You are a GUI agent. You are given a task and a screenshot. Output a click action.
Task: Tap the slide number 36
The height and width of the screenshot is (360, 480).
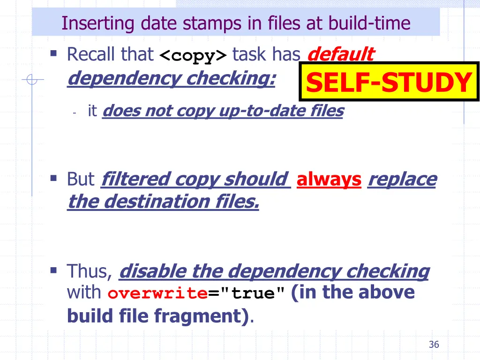click(x=434, y=345)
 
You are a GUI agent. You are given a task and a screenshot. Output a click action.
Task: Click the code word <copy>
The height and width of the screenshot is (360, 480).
click(x=193, y=56)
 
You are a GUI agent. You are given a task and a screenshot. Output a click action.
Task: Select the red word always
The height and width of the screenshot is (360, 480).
click(x=329, y=179)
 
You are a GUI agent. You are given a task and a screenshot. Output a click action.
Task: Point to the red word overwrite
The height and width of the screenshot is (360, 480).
click(x=157, y=294)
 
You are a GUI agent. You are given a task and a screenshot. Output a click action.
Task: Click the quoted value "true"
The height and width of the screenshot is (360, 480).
click(x=252, y=294)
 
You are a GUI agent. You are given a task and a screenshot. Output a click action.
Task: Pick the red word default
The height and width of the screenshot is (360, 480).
click(x=340, y=54)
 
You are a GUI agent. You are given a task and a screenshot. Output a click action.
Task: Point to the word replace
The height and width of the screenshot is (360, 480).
click(x=402, y=179)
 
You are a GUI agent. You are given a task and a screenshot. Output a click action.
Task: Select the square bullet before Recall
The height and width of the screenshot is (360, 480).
click(x=53, y=53)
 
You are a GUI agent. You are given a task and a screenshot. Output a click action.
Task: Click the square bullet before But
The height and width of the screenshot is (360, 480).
click(x=53, y=178)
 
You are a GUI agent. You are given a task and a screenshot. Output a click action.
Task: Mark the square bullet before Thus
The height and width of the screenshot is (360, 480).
click(x=53, y=270)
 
